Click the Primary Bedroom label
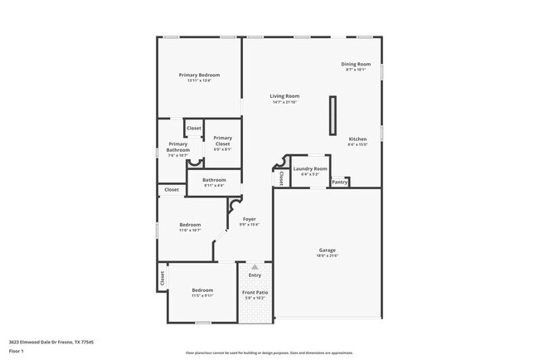click(199, 75)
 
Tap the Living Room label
click(284, 95)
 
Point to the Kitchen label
click(357, 139)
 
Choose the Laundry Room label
click(309, 168)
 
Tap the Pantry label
click(339, 182)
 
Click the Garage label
click(328, 250)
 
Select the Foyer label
click(249, 219)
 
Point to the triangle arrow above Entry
click(255, 267)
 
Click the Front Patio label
click(255, 293)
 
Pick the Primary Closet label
click(222, 141)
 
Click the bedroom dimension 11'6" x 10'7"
click(191, 231)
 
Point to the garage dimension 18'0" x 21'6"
click(328, 255)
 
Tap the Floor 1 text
click(17, 351)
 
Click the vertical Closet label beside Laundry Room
click(280, 177)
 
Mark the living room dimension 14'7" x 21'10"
click(284, 102)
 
